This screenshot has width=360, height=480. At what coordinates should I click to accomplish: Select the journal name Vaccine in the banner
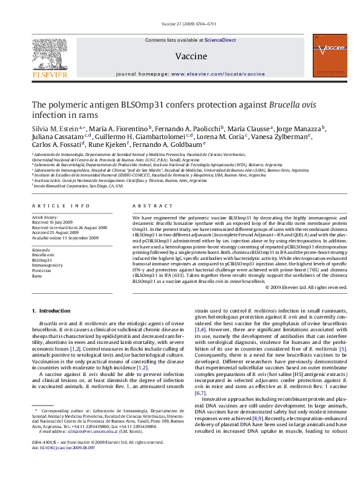pos(187,56)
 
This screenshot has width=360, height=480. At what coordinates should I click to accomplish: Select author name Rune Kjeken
pos(110,145)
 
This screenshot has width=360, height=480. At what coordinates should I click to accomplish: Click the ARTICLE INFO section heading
pos(51,207)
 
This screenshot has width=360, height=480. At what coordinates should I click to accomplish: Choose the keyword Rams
pos(37,276)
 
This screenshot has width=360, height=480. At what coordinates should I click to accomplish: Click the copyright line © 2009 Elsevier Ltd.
pos(306,287)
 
